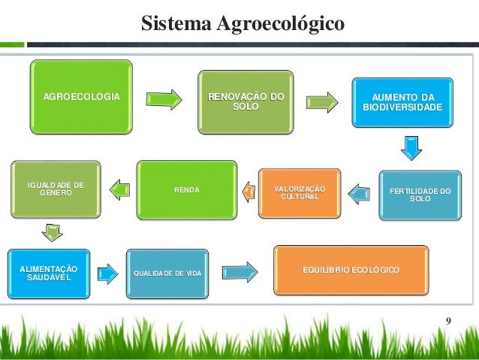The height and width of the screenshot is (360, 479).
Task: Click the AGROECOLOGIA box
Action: (x=81, y=98)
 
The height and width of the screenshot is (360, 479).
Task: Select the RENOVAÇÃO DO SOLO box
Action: (x=246, y=102)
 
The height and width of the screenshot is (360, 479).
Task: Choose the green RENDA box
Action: (x=188, y=189)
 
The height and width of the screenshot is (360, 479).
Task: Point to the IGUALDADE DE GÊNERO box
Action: (x=56, y=189)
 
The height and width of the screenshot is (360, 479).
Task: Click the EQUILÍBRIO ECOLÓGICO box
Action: (x=351, y=269)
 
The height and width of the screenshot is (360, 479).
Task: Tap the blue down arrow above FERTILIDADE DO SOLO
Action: (x=411, y=147)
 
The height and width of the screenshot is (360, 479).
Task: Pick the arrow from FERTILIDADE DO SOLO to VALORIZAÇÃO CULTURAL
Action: (x=361, y=194)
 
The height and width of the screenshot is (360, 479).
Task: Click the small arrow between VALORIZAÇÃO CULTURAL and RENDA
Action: (x=246, y=192)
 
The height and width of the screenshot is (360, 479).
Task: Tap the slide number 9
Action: (x=448, y=322)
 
